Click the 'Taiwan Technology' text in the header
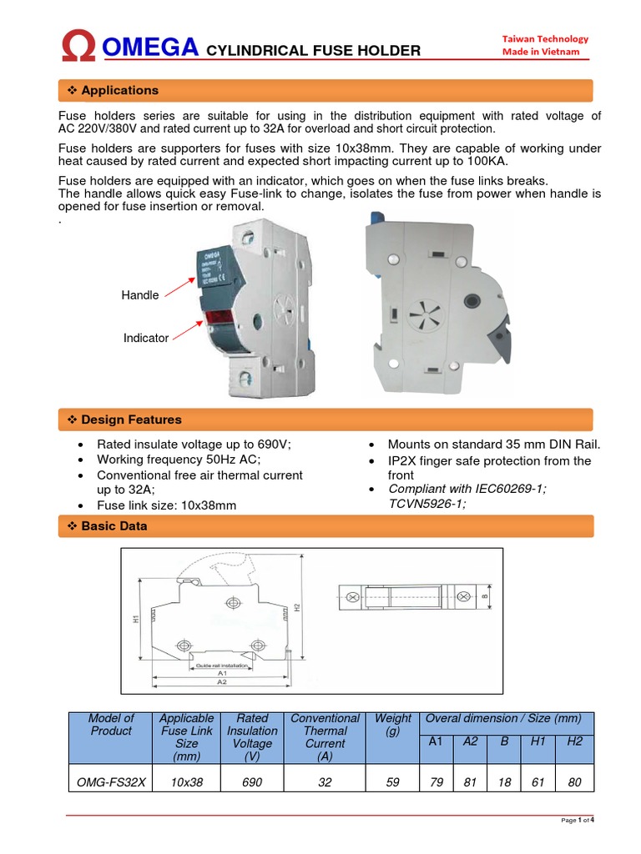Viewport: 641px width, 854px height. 545,38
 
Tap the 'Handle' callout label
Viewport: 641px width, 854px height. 140,295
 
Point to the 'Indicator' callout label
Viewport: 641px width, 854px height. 146,338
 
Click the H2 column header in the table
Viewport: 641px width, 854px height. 574,741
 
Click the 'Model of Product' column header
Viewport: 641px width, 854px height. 111,724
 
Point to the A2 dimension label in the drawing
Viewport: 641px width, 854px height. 222,681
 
